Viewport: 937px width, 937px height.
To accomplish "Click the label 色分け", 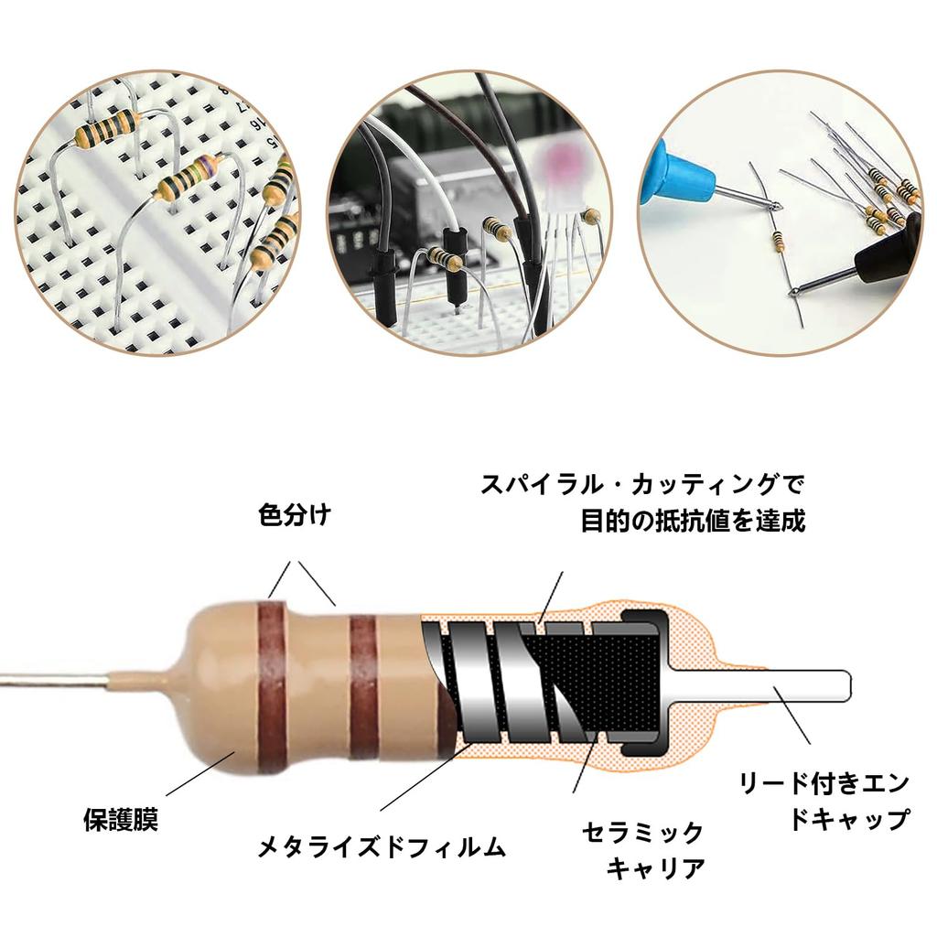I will pyautogui.click(x=294, y=516).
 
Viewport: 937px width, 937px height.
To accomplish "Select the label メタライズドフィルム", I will pyautogui.click(x=381, y=846).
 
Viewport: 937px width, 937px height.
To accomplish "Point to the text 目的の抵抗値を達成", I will pyautogui.click(x=693, y=522).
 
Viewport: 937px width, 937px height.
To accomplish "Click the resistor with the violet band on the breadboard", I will pyautogui.click(x=188, y=178).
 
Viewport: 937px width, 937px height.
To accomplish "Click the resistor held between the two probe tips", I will pyautogui.click(x=779, y=241).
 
